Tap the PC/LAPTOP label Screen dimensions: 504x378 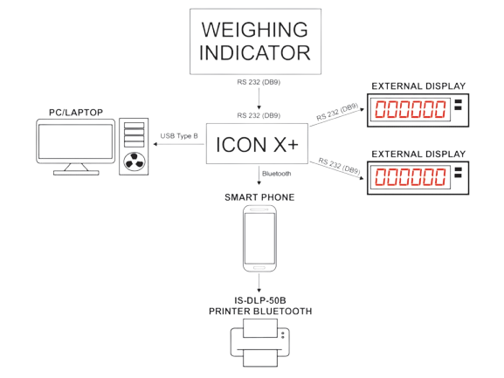point(76,113)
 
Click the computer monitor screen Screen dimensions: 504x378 point(75,141)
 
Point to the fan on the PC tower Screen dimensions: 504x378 point(134,162)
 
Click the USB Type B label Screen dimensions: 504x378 point(179,136)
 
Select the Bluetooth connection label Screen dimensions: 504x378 point(276,174)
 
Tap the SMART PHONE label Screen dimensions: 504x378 point(259,197)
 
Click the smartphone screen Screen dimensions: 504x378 point(259,238)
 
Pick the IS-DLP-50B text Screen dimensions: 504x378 point(260,300)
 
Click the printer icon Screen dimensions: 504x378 point(260,343)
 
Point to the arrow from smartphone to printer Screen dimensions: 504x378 point(259,283)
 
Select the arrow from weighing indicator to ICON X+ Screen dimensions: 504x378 point(259,99)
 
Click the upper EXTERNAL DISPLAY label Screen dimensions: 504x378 point(418,86)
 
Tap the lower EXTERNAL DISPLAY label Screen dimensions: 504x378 point(418,155)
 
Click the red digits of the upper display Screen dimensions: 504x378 point(411,109)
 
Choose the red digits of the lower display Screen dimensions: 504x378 point(411,177)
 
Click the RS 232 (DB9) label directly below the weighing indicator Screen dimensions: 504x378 point(259,82)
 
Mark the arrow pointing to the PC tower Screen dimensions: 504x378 point(179,144)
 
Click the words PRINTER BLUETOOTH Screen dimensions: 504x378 point(260,311)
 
